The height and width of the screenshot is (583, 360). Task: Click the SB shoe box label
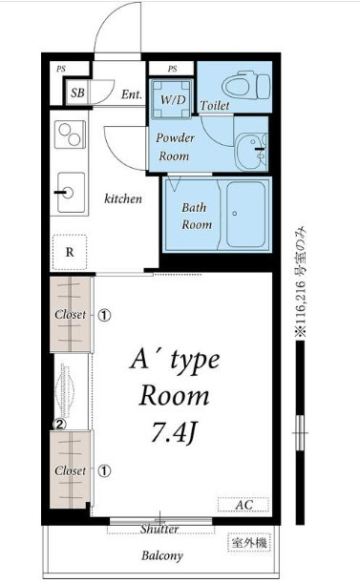77,93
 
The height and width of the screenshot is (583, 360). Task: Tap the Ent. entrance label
132,94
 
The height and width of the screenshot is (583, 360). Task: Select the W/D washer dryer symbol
173,99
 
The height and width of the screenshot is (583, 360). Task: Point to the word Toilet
215,106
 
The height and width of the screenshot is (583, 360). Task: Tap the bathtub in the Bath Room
246,215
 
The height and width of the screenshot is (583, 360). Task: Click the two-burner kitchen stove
70,135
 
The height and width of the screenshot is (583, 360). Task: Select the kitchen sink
71,192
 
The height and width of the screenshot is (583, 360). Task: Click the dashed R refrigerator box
70,252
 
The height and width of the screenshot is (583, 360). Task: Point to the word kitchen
123,198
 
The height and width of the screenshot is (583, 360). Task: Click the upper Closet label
70,315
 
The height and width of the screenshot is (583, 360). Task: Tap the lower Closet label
70,470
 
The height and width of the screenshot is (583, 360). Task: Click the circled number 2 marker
59,424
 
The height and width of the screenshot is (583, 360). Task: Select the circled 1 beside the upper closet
105,315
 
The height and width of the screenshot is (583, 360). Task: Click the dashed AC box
244,505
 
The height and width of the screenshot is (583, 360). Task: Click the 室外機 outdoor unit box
249,543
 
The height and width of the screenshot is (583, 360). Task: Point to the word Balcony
162,556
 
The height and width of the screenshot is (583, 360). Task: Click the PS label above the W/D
173,69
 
